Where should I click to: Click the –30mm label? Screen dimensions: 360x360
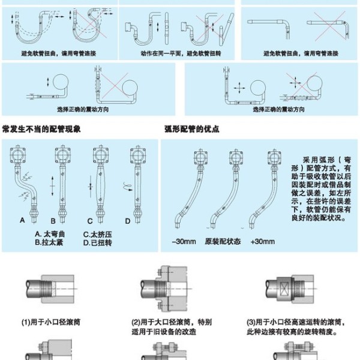pyautogui.click(x=182, y=241)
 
